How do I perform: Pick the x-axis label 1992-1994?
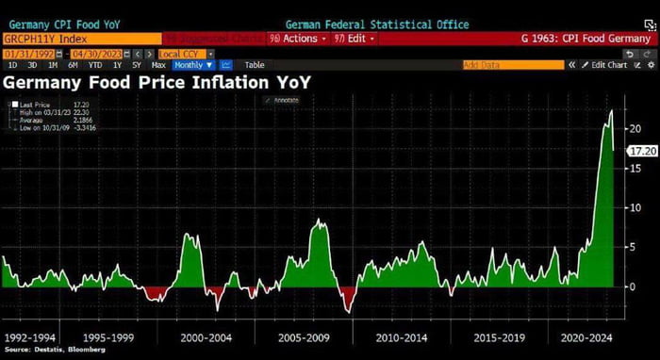tap(31, 336)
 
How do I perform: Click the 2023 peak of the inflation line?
tap(612, 110)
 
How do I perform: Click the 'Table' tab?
tap(255, 65)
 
